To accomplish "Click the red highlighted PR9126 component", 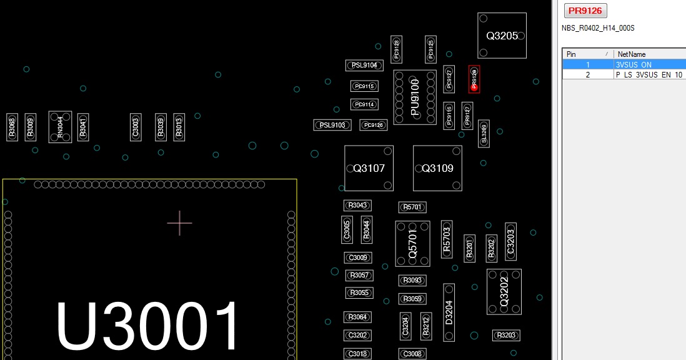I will pyautogui.click(x=474, y=79).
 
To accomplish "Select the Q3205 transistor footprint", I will pyautogui.click(x=502, y=36).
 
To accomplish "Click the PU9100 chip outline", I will pyautogui.click(x=415, y=97).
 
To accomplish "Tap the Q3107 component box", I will pyautogui.click(x=369, y=168).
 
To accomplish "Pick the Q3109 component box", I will pyautogui.click(x=437, y=168).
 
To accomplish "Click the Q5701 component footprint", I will pyautogui.click(x=412, y=243).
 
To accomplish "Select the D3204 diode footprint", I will pyautogui.click(x=449, y=312).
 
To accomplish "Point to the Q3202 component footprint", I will pyautogui.click(x=504, y=292).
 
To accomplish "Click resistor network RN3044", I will pyautogui.click(x=60, y=127).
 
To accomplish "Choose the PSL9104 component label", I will pyautogui.click(x=364, y=65).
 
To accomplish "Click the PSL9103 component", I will pyautogui.click(x=332, y=125).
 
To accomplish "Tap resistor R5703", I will pyautogui.click(x=446, y=239).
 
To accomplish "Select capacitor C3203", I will pyautogui.click(x=510, y=241).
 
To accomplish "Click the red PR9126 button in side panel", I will pyautogui.click(x=585, y=11).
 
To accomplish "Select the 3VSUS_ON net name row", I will pyautogui.click(x=634, y=64).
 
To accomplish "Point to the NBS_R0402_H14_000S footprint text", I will pyautogui.click(x=598, y=28).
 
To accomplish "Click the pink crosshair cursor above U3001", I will pyautogui.click(x=179, y=222).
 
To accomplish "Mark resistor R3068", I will pyautogui.click(x=11, y=127).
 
